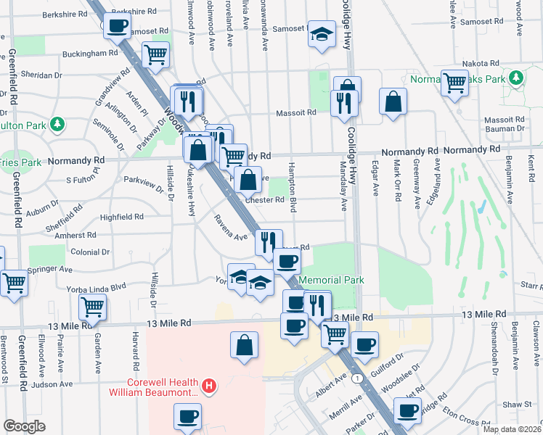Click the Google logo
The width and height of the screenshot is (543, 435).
[24, 426]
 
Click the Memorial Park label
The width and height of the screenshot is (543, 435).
[330, 280]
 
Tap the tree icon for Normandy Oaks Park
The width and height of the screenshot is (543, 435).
[516, 77]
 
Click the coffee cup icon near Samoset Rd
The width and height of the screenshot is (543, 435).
[117, 27]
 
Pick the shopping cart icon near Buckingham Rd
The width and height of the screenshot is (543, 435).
[155, 53]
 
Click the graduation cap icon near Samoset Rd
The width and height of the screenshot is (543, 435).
[321, 34]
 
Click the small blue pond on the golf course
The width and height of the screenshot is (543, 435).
[480, 208]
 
